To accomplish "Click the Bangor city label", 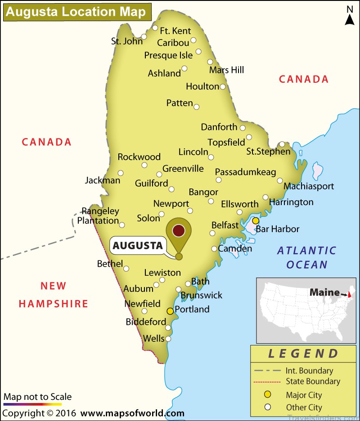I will (x=203, y=192).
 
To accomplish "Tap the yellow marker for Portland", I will (x=170, y=311).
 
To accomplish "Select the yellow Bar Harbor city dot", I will (x=256, y=220).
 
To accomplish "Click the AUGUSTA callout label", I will (x=137, y=246).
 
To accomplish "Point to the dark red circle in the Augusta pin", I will (x=179, y=230).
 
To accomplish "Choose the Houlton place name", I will (x=202, y=86).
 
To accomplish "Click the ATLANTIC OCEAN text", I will (x=307, y=257).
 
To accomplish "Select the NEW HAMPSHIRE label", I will (x=54, y=295).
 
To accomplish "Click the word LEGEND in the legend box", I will (x=303, y=353).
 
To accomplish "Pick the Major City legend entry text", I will (x=304, y=395).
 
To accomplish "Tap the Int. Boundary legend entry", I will (x=309, y=371).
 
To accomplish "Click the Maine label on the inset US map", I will (x=324, y=292).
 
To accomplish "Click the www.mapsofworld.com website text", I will (x=133, y=413).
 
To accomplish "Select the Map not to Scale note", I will (x=38, y=397).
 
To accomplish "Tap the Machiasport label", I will (x=309, y=186).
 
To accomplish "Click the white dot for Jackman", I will (x=121, y=173).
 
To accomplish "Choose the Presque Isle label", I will (x=168, y=55).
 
